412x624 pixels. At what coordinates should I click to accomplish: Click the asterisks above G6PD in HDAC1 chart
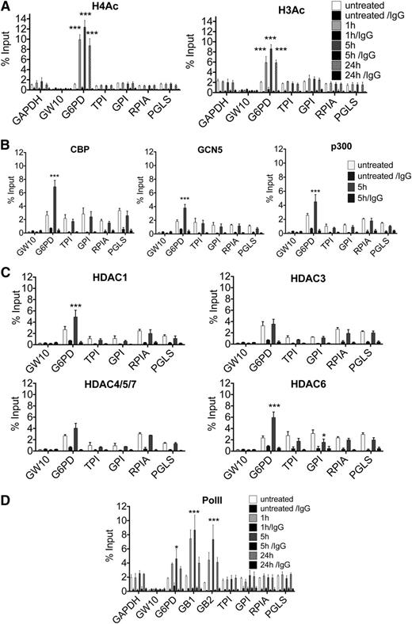[x=75, y=283]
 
